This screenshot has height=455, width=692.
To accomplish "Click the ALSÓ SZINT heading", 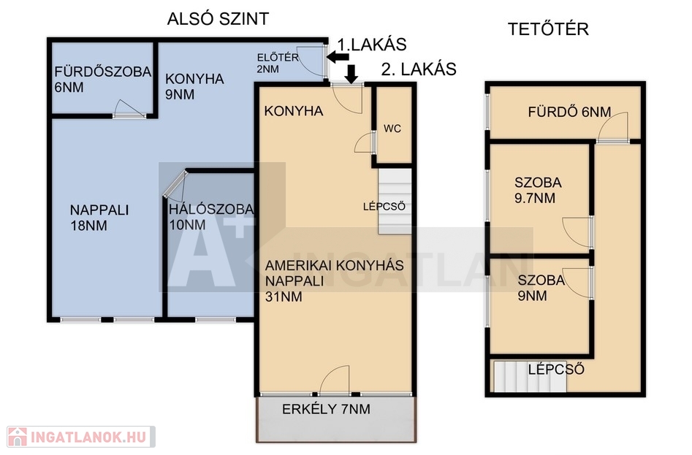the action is coord(218,19).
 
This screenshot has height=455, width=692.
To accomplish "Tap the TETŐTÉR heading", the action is coord(548,29).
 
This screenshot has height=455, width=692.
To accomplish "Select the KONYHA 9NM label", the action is coord(194,86).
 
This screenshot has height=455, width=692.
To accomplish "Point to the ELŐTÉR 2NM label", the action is coord(278,63).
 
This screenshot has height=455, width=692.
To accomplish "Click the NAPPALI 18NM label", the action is coord(99,218).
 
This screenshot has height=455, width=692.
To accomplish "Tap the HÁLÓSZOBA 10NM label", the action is coord(211,217).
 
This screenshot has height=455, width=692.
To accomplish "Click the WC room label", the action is coord(392,129).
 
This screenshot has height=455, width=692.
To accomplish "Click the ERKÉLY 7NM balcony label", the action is coord(326,409).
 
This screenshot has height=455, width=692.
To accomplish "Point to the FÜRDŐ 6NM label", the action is coord(569,112).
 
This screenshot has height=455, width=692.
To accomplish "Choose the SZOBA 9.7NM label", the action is coord(538,190).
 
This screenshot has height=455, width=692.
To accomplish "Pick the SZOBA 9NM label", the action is coord(541,288).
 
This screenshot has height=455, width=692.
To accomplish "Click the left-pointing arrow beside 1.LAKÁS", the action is coord(338,56).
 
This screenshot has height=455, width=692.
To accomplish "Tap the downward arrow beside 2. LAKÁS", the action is coord(351,74).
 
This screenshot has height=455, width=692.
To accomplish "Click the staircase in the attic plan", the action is coord(530,377).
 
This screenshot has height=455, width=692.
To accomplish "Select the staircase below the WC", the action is coord(395,201).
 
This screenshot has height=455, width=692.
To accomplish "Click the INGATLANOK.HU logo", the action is coord(81,437).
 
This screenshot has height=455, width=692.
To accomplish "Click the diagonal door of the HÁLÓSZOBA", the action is coord(175,185).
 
